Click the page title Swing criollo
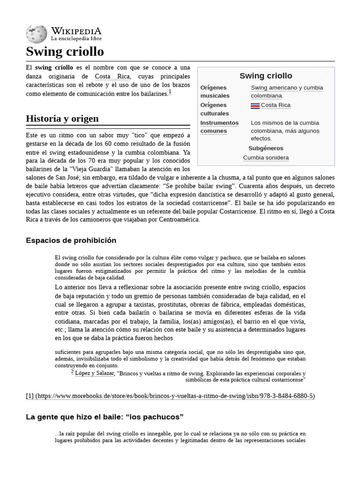pos(65,51)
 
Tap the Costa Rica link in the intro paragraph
pos(112,76)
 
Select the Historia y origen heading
pos(62,118)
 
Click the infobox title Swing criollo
pos(266,75)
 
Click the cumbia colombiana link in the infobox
pos(287,91)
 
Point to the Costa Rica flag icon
pos(255,105)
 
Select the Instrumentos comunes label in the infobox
pos(219,127)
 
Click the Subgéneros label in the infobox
pos(266,148)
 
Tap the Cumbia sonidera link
pos(266,157)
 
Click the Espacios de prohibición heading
pos(71,240)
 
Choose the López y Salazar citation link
pos(94,374)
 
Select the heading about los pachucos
pos(105,417)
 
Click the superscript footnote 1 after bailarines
pos(170,92)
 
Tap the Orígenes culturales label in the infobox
pos(215,109)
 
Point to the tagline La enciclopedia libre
pos(76,38)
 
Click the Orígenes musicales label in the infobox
pos(215,91)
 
